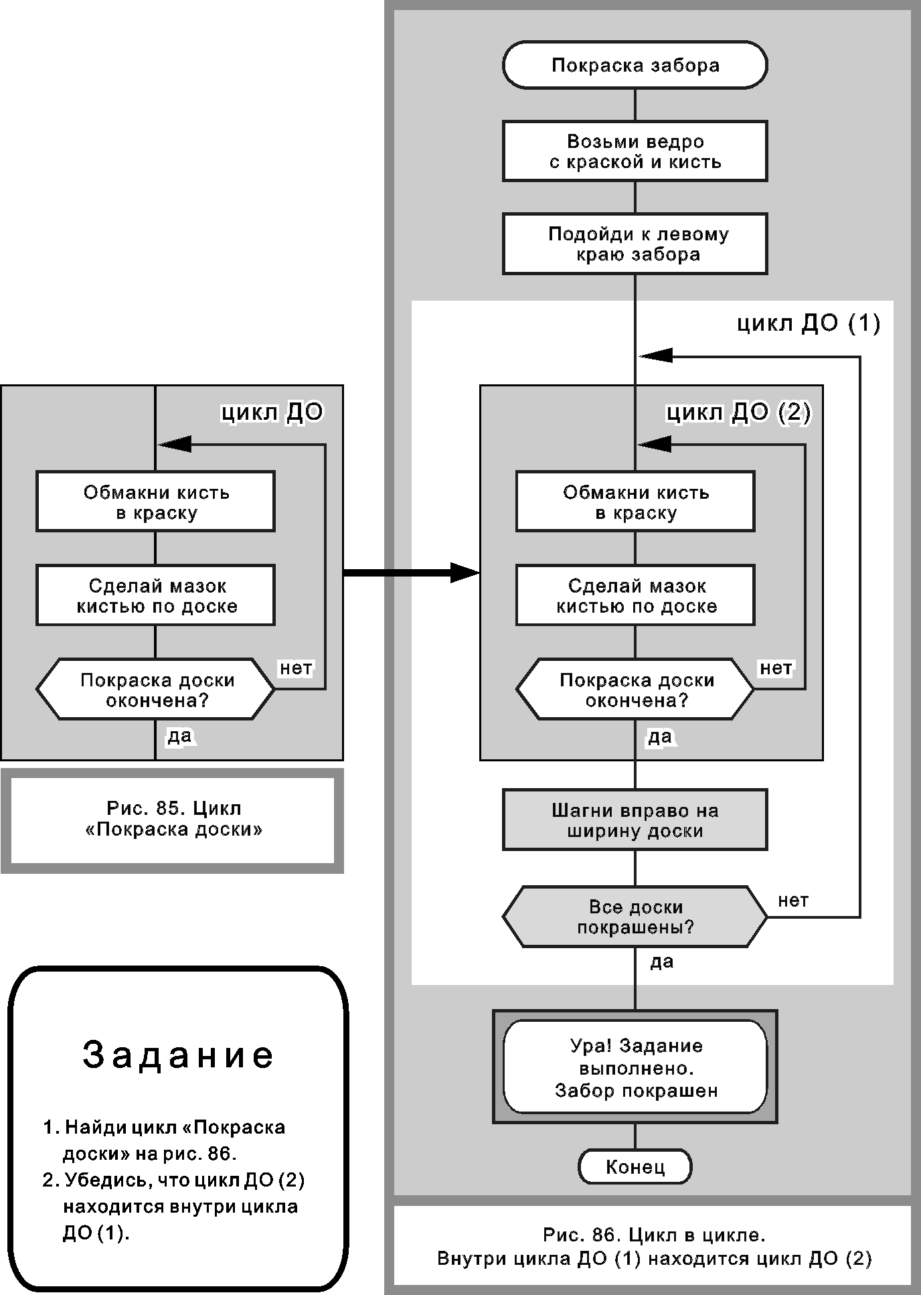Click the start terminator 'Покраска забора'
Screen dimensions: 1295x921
[x=635, y=65]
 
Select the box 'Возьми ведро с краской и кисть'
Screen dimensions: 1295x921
[x=635, y=151]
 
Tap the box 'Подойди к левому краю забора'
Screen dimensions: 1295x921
[x=635, y=244]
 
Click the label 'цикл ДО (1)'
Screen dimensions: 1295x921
[x=809, y=323]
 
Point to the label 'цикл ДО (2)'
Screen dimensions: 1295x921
[x=738, y=412]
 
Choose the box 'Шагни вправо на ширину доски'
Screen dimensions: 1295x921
[x=635, y=820]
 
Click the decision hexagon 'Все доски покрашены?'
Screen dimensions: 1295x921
[x=635, y=917]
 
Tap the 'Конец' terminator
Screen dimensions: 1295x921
[x=635, y=1167]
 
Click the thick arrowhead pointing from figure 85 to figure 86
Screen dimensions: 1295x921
[x=465, y=573]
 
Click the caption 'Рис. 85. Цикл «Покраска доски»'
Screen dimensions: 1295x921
[x=173, y=819]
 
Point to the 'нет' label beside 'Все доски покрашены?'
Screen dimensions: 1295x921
[x=793, y=901]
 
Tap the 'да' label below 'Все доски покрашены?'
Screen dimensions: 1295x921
[x=661, y=962]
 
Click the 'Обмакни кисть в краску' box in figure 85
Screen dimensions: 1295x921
[x=155, y=502]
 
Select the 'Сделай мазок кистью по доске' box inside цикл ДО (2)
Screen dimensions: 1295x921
[x=635, y=595]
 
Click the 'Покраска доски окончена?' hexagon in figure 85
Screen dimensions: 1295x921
[x=155, y=690]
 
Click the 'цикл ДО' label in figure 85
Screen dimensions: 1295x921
[x=272, y=412]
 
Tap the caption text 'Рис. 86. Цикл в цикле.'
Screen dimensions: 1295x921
[x=653, y=1234]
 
